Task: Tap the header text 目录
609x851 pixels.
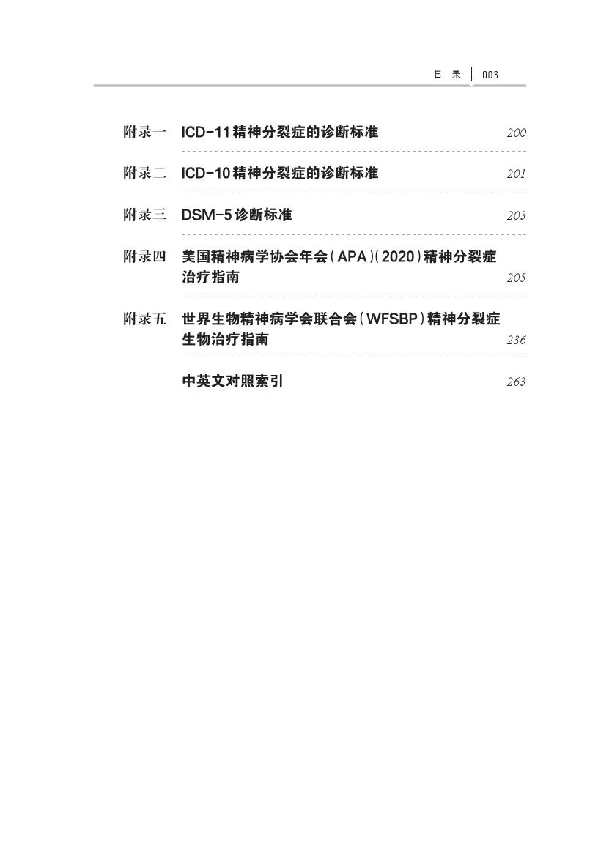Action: click(x=447, y=75)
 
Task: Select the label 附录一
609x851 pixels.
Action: click(x=144, y=133)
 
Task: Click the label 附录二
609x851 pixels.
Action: click(x=144, y=174)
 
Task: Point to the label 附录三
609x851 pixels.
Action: click(x=144, y=215)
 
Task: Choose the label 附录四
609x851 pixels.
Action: click(x=144, y=257)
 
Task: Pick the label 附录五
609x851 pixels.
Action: click(x=144, y=319)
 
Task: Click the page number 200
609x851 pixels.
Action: click(x=516, y=133)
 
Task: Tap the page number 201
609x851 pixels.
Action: click(x=516, y=174)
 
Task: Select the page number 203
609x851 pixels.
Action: click(x=516, y=216)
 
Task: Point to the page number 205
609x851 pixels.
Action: click(x=516, y=278)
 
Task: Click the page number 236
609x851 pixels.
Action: click(x=516, y=341)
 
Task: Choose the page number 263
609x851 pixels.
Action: click(x=516, y=382)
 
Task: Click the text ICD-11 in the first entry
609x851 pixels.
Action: click(x=204, y=133)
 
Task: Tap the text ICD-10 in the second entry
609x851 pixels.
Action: click(x=204, y=174)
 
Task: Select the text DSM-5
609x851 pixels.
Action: click(x=206, y=215)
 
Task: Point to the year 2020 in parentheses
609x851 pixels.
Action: click(x=398, y=257)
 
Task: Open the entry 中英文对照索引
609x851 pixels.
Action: click(x=232, y=382)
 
